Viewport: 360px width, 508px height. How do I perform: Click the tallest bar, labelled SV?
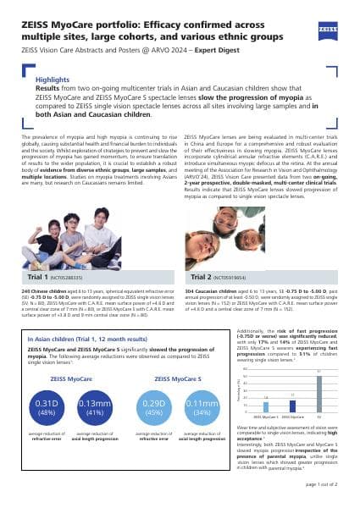(x=319, y=394)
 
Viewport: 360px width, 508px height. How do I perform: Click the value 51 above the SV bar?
(x=319, y=372)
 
